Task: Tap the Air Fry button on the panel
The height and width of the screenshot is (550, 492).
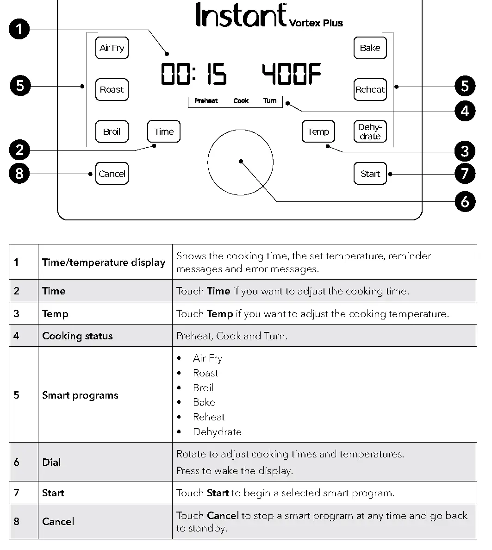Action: click(x=112, y=48)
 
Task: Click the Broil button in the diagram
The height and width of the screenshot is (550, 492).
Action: click(x=112, y=132)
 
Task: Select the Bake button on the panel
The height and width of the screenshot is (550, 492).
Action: click(x=370, y=48)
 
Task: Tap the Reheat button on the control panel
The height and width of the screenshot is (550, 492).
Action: click(x=370, y=90)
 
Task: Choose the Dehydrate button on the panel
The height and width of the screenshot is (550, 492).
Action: click(x=370, y=132)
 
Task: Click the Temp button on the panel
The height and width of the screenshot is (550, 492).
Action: click(x=318, y=132)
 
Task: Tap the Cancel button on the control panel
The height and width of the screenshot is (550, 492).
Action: click(x=112, y=174)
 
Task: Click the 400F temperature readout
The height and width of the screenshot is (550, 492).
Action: click(x=292, y=75)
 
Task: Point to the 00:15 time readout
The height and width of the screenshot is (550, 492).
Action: click(x=193, y=75)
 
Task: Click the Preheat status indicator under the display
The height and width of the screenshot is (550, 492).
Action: click(x=206, y=101)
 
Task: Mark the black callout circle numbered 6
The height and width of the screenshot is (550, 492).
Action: click(x=465, y=201)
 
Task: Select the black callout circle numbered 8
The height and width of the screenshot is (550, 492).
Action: click(x=19, y=174)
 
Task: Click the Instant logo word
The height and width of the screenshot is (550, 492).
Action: click(x=241, y=15)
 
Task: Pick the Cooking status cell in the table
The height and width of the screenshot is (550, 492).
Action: click(x=77, y=336)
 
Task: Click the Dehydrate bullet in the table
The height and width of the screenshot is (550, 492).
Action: click(x=217, y=432)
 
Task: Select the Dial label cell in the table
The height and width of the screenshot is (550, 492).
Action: click(x=51, y=462)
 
